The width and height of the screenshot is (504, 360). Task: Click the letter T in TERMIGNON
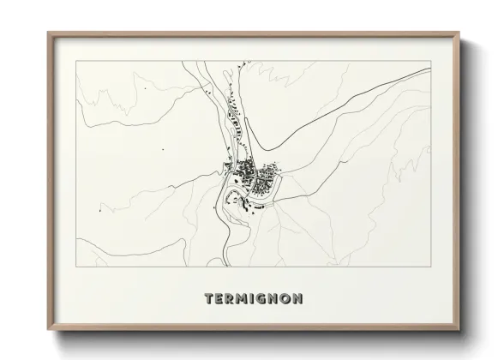(210, 299)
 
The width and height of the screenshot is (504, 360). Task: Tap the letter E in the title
(221, 299)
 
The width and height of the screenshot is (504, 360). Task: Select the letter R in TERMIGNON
(232, 299)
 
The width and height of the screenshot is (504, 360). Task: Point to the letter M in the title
(245, 299)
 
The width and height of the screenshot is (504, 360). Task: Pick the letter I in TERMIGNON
(255, 299)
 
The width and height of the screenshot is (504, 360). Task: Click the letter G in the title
(265, 299)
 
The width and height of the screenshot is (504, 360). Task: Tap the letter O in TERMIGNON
(285, 299)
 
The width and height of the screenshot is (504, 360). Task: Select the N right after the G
(275, 299)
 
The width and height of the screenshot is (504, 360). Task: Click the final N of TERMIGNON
(297, 299)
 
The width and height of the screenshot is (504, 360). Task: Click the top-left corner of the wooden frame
(48, 33)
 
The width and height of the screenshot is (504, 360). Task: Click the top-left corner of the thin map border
(75, 61)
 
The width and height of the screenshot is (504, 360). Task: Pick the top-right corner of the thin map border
(430, 61)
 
